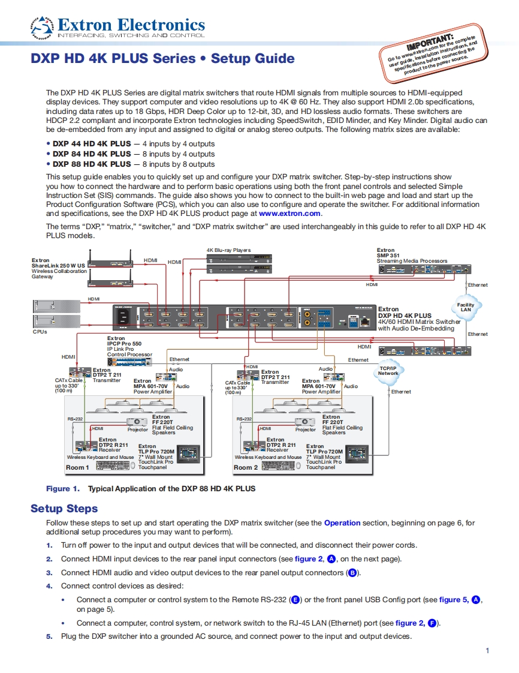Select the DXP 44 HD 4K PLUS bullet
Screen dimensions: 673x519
pyautogui.click(x=92, y=144)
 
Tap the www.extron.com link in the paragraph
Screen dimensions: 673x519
pyautogui.click(x=290, y=213)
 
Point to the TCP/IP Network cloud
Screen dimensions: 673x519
pyautogui.click(x=388, y=370)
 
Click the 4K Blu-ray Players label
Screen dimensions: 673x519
pyautogui.click(x=229, y=250)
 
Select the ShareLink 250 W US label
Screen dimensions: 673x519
pyautogui.click(x=58, y=265)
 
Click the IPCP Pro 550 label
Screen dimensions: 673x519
pyautogui.click(x=125, y=344)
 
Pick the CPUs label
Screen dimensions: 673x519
pyautogui.click(x=40, y=331)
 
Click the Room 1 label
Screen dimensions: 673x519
pyautogui.click(x=77, y=467)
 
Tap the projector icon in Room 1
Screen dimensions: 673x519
pyautogui.click(x=138, y=422)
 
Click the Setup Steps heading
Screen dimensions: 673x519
pyautogui.click(x=64, y=509)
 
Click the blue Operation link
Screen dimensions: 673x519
pyautogui.click(x=342, y=522)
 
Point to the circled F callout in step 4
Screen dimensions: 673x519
pyautogui.click(x=432, y=623)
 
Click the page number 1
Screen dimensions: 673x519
pyautogui.click(x=487, y=651)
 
